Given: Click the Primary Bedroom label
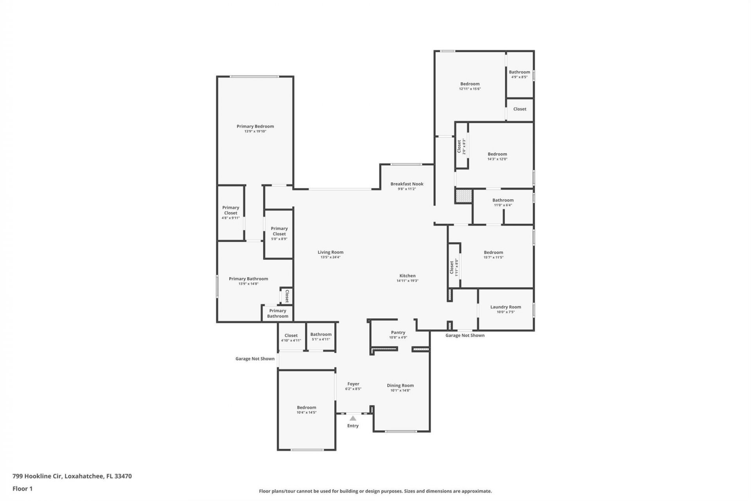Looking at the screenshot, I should click(x=255, y=126).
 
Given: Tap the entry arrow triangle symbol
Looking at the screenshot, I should click(x=353, y=418).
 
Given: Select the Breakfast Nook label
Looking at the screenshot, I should click(x=407, y=184).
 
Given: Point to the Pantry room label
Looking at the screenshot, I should click(x=398, y=333).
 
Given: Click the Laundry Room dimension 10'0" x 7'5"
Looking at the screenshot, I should click(x=505, y=312).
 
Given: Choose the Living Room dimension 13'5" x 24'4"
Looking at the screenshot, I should click(x=331, y=257).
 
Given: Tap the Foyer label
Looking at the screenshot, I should click(x=353, y=384).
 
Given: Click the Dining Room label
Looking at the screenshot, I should click(x=400, y=386).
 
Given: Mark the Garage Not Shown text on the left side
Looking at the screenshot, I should click(x=255, y=359).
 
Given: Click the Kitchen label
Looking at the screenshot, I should click(x=407, y=276).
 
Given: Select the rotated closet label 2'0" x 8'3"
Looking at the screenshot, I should click(x=461, y=146).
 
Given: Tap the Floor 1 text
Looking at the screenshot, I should click(x=22, y=488).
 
